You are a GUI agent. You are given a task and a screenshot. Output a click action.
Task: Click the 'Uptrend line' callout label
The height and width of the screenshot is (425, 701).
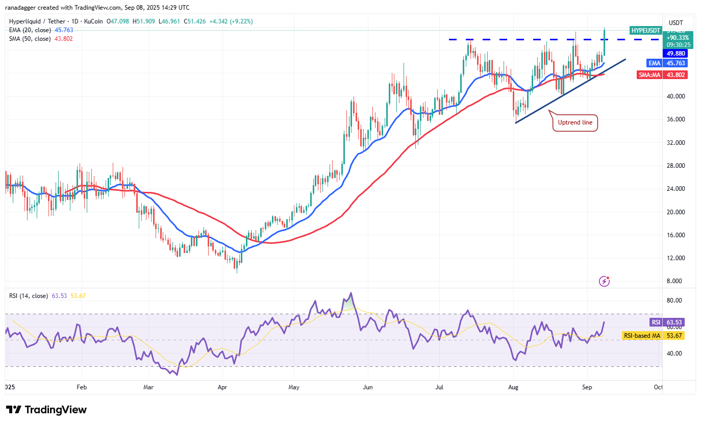pyautogui.click(x=575, y=123)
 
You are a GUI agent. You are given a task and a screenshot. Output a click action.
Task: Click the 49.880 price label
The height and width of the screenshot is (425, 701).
pyautogui.click(x=674, y=54)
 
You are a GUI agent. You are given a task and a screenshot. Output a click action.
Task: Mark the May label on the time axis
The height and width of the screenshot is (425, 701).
pyautogui.click(x=293, y=387)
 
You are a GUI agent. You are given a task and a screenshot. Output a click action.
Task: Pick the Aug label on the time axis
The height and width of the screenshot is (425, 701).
pyautogui.click(x=513, y=387)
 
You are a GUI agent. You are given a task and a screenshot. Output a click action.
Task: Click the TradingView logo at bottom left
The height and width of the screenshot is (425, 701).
pyautogui.click(x=46, y=410)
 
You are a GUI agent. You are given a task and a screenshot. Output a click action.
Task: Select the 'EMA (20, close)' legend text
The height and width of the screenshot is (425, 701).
pyautogui.click(x=29, y=31)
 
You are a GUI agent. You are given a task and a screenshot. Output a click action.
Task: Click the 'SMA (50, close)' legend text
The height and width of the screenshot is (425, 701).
pyautogui.click(x=29, y=39)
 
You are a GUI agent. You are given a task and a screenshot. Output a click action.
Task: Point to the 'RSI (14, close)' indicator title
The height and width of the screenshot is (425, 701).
pyautogui.click(x=28, y=295)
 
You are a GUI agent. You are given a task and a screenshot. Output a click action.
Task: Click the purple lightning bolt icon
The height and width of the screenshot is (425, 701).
pyautogui.click(x=604, y=281)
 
